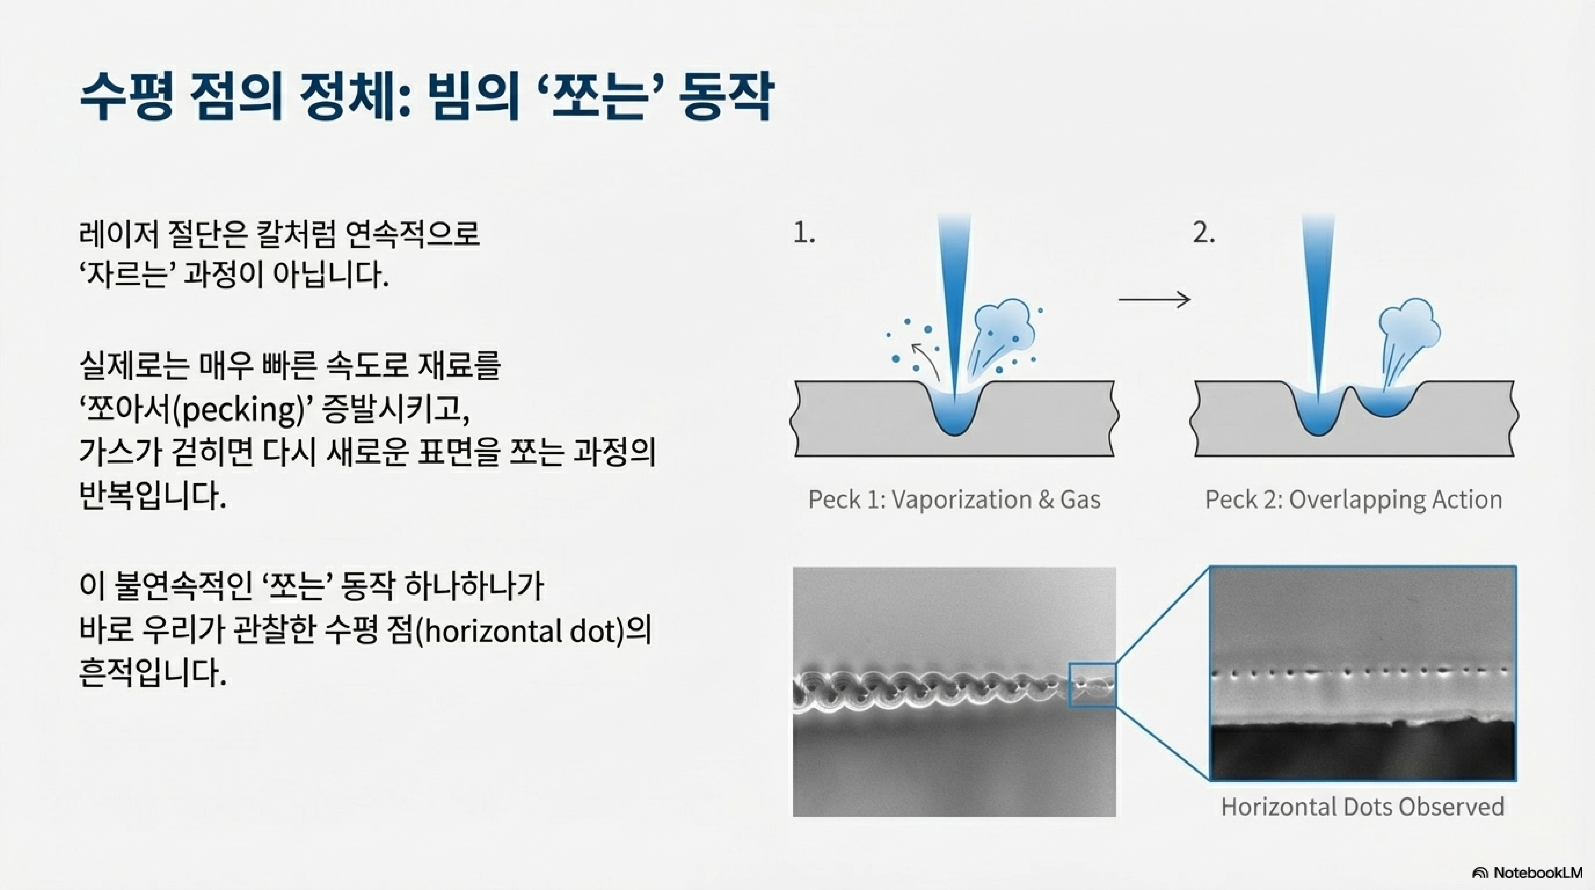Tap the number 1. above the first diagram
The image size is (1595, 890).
(804, 233)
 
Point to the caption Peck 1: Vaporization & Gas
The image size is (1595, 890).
(954, 500)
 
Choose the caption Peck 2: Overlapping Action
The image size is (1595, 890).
(1353, 500)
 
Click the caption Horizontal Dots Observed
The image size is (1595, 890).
(1362, 807)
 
